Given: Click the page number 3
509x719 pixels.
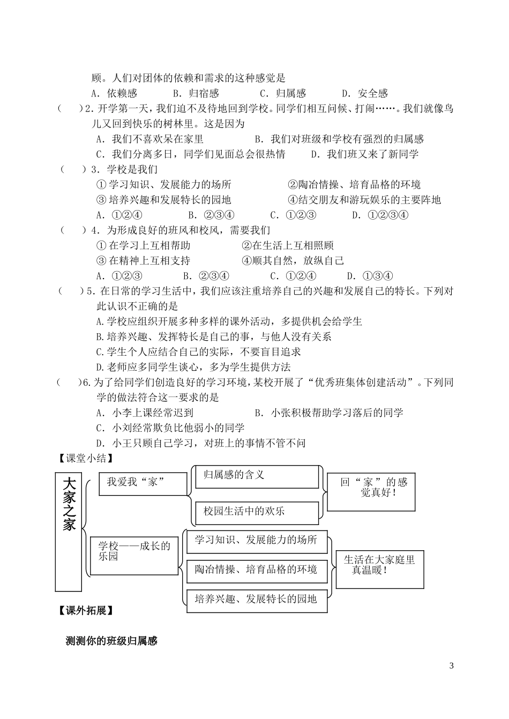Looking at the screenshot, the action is (451, 666).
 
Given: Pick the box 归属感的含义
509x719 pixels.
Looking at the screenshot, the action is (256, 476).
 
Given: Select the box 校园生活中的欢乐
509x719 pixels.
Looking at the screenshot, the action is (256, 512).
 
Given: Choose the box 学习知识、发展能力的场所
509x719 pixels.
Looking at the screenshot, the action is (256, 541).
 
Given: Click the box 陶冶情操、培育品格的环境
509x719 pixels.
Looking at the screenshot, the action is (256, 570).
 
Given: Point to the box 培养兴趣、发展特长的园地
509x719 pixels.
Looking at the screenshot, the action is (256, 600).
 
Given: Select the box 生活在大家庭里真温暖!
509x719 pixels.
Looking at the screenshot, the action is (379, 566).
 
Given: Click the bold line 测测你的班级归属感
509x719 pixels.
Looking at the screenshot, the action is (111, 641).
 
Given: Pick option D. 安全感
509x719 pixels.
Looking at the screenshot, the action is (365, 93).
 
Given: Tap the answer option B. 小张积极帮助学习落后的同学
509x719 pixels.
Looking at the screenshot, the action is (329, 413).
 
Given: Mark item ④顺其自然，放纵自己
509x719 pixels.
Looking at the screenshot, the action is (293, 261).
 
